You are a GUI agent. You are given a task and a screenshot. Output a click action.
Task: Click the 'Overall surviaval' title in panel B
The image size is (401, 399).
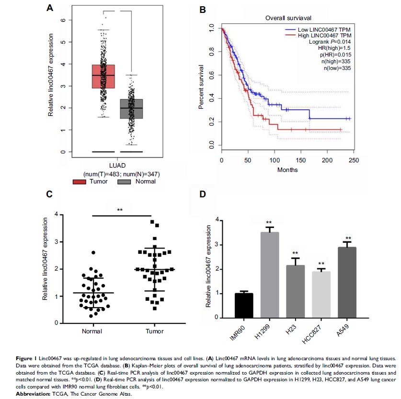click(285, 18)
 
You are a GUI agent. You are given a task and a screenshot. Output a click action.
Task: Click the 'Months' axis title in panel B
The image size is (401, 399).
click(287, 170)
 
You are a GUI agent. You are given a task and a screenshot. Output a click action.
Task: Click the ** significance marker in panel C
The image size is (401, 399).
click(120, 210)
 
